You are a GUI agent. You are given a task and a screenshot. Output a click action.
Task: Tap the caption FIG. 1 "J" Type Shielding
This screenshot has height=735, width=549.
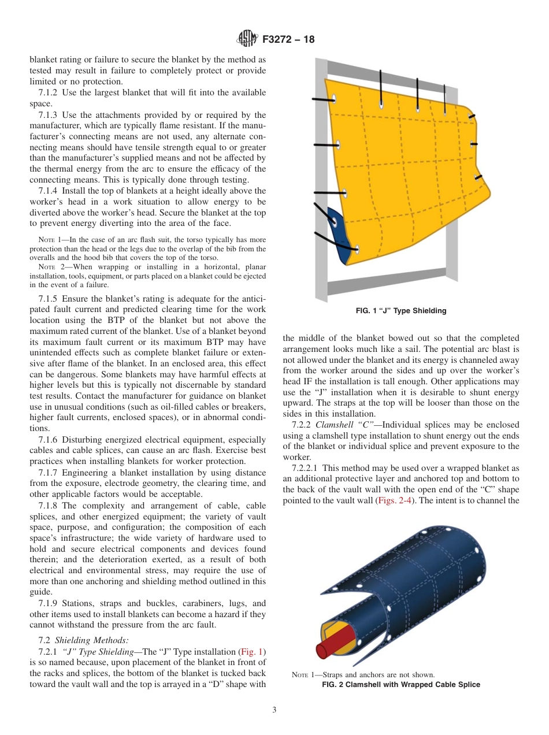point(400,311)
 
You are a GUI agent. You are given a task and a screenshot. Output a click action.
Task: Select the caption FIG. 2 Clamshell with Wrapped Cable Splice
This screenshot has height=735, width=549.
point(400,685)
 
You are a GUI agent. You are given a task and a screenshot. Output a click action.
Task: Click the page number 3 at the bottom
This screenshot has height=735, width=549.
point(274,710)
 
